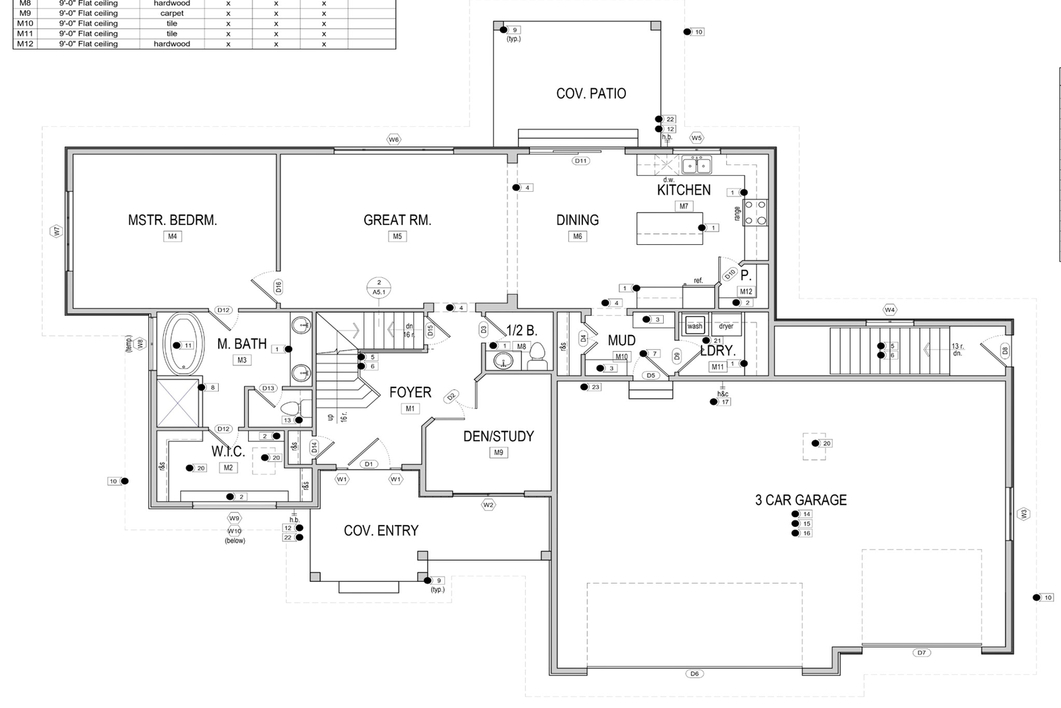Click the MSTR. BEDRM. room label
tap(172, 220)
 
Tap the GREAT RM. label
tap(397, 220)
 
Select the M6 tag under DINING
tap(578, 236)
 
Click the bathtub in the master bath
tap(183, 344)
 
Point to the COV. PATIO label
tap(591, 94)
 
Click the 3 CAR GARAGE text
tap(800, 500)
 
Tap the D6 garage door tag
tap(694, 673)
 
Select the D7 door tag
tap(921, 652)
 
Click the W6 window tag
tap(394, 139)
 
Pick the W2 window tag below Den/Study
tap(489, 505)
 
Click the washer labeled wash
tap(695, 326)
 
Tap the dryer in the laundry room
tap(726, 326)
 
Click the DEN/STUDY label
tap(498, 436)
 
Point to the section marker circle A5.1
tap(379, 287)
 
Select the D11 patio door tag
tap(581, 161)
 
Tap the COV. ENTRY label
tap(381, 530)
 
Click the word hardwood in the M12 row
tap(172, 44)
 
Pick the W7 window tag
tap(56, 231)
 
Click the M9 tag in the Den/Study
tap(499, 453)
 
